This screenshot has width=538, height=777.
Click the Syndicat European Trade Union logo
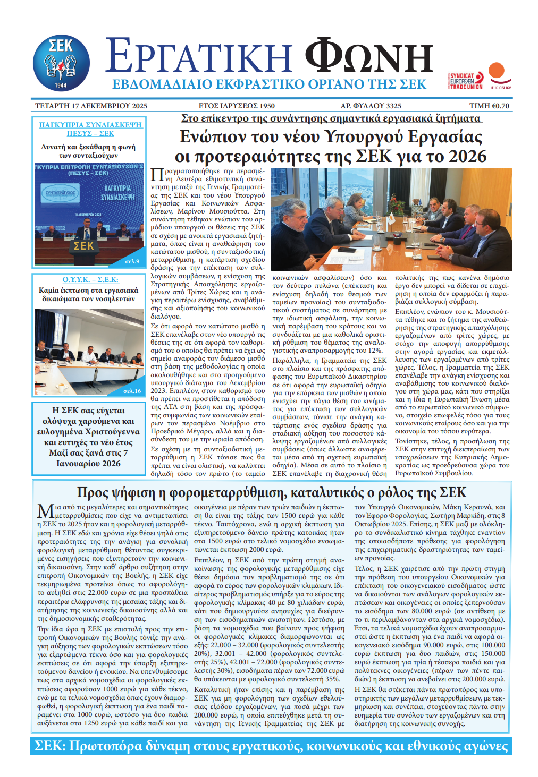tap(466, 81)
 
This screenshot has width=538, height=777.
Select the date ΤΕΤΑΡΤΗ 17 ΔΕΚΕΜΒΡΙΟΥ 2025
tap(91, 106)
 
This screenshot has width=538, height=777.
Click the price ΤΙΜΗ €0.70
tap(489, 106)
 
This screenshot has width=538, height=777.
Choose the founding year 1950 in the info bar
tap(267, 106)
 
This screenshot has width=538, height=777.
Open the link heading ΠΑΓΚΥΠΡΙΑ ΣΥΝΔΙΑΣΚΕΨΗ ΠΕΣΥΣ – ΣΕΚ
tap(90, 129)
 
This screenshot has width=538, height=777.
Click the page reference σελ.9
tap(132, 261)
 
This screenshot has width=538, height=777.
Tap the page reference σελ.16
tap(132, 391)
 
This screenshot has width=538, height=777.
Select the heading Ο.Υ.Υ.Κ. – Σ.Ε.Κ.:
tap(90, 279)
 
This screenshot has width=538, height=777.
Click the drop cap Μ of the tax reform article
tap(45, 511)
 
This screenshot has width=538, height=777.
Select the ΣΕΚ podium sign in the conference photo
tap(83, 246)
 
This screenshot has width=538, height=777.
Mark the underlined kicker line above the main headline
tap(331, 118)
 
